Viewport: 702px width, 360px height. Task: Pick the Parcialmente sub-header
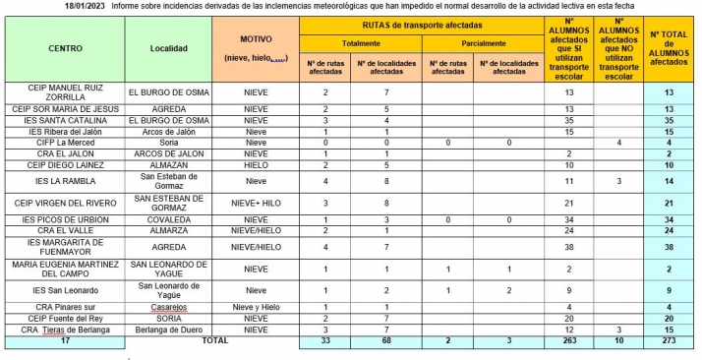point(480,43)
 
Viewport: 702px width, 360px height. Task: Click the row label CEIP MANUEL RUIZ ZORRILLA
point(65,91)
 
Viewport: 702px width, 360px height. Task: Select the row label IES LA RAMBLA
point(65,181)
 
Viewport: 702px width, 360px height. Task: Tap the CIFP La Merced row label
point(65,143)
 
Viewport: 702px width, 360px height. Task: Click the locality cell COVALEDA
point(167,218)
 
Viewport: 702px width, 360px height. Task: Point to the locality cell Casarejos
point(167,307)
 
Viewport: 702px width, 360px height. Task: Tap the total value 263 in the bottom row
point(568,340)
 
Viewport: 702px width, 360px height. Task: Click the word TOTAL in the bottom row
point(214,340)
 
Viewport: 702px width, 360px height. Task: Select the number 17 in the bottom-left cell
point(65,340)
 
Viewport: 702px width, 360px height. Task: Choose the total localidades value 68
point(386,340)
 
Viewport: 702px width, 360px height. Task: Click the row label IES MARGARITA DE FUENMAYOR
point(65,247)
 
